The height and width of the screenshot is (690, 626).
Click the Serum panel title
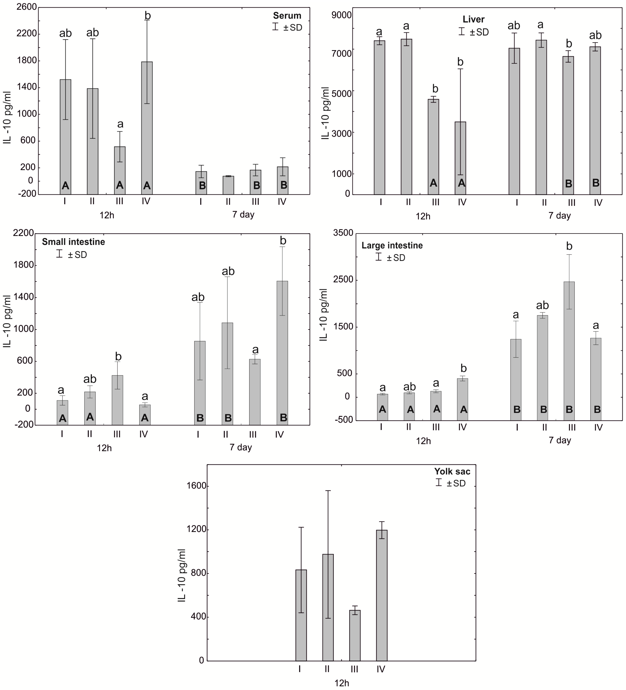[287, 16]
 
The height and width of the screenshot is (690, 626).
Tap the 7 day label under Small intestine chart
[240, 447]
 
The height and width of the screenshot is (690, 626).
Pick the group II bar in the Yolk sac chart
[328, 608]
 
